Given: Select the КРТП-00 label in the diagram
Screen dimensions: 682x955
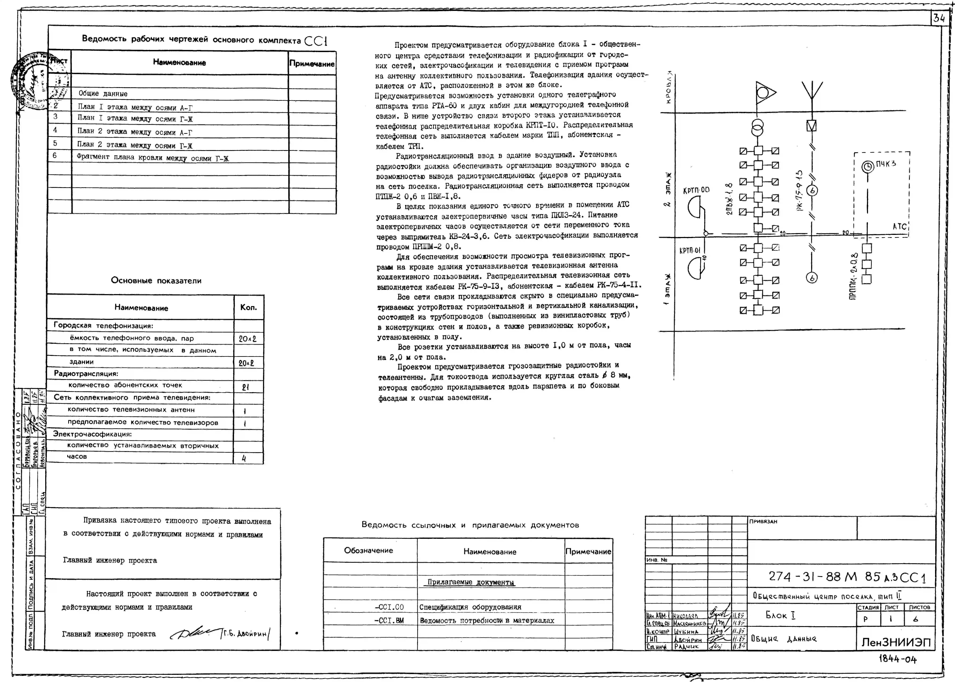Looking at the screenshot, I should (x=696, y=190).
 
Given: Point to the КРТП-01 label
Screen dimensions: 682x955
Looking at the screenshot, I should (x=690, y=251).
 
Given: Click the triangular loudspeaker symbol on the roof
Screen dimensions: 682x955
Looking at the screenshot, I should (x=765, y=93).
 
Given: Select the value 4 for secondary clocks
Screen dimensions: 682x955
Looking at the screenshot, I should (x=244, y=459).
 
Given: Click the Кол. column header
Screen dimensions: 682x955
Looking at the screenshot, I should (x=248, y=307).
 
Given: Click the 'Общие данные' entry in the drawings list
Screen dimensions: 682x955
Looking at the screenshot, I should (x=103, y=94).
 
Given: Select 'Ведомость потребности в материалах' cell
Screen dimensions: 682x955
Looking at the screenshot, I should (x=487, y=620).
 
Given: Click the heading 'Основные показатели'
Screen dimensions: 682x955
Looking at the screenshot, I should (x=156, y=281).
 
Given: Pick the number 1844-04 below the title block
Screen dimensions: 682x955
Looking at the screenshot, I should (x=897, y=659).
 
